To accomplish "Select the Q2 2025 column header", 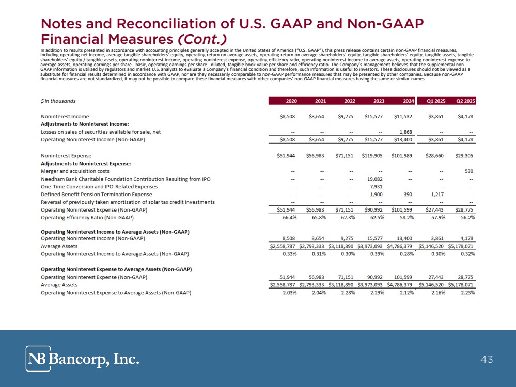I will point(465,101).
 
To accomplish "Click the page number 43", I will point(487,359).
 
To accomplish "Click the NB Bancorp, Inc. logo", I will point(83,359).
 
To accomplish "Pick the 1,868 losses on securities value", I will point(405,132).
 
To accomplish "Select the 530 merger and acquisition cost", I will point(469,171).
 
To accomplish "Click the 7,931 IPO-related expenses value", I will point(376,186).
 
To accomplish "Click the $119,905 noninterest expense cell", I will point(372,155).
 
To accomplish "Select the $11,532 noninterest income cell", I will point(403,116).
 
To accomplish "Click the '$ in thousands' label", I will point(61,101).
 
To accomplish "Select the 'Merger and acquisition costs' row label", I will point(75,171).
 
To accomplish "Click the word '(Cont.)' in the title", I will point(203,39).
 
